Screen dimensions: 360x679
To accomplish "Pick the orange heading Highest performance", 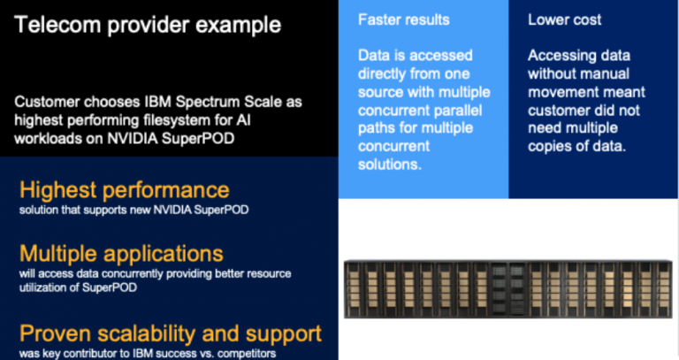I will (124, 190).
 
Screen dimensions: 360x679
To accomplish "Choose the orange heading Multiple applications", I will (120, 253).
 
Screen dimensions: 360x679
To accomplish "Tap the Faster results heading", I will (404, 19).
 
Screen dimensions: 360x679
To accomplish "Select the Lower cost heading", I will (564, 19).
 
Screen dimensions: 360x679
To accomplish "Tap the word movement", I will (564, 91).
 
